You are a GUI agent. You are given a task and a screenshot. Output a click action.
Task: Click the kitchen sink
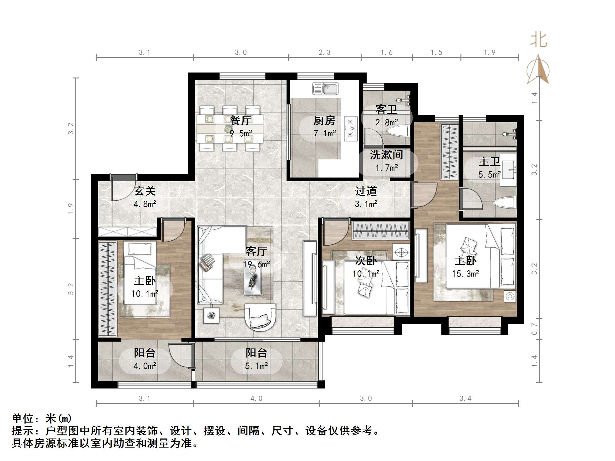point(325,88)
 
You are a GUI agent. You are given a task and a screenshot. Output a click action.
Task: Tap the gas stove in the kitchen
point(351,128)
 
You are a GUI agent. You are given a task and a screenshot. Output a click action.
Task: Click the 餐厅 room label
point(241,120)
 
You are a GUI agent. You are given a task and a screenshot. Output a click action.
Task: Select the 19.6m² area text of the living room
point(256,264)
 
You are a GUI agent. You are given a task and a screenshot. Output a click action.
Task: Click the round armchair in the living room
point(260,317)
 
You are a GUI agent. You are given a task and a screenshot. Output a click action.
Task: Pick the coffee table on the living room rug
point(252,283)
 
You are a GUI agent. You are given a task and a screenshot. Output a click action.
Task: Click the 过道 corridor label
point(366,191)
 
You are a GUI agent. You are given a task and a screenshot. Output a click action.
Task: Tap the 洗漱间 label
point(386,155)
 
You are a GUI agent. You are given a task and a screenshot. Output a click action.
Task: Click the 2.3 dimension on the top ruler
point(324,53)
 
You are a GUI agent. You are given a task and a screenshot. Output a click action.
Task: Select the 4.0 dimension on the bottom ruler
point(256,398)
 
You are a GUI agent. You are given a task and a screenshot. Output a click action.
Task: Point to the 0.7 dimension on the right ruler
point(534,329)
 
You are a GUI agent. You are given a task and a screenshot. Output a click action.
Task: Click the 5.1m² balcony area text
point(256,366)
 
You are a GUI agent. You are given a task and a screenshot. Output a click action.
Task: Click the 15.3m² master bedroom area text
point(465,274)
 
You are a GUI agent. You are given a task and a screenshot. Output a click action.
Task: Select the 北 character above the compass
point(538,40)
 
